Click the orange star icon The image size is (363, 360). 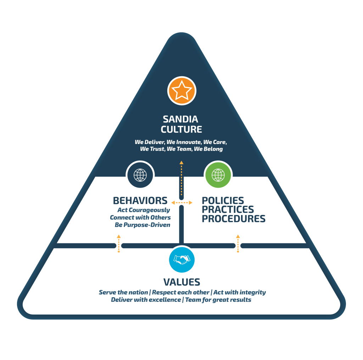click(x=181, y=91)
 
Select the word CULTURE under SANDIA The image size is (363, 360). click(x=181, y=129)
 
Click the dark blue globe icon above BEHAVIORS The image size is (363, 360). click(x=140, y=175)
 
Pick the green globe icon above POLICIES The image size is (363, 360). click(x=218, y=175)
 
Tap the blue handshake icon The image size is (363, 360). click(x=181, y=260)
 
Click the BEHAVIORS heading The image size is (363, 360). click(x=140, y=201)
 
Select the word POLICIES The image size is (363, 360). click(x=223, y=201)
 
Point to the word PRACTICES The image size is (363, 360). click(x=228, y=210)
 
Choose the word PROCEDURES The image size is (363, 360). click(x=233, y=219)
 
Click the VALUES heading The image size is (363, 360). click(x=181, y=282)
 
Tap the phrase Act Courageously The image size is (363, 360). click(x=144, y=210)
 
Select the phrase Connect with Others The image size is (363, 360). click(x=140, y=217)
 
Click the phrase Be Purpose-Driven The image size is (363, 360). click(x=142, y=225)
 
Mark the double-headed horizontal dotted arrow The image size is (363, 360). click(x=181, y=203)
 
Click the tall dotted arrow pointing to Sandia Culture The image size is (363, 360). click(x=181, y=179)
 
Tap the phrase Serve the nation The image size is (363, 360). click(x=123, y=293)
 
